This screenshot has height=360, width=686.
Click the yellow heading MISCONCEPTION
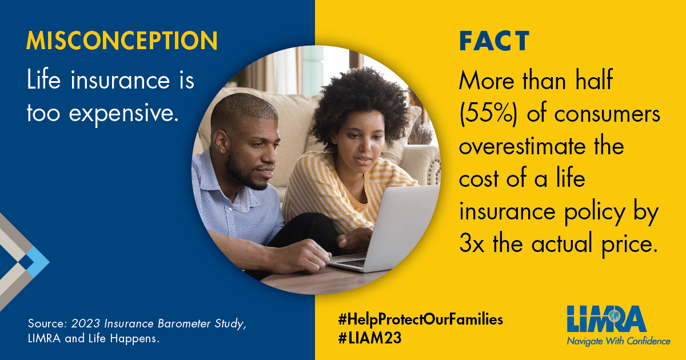(x=122, y=41)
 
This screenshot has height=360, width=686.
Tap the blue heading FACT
(x=494, y=41)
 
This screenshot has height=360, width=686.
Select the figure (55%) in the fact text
(x=488, y=114)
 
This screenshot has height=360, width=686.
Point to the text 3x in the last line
(x=472, y=244)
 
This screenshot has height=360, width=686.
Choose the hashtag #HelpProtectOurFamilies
(x=421, y=320)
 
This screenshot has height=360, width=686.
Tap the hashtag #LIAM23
(x=370, y=338)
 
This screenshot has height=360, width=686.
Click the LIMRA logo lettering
(x=606, y=319)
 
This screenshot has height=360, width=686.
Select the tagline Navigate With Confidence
(x=619, y=341)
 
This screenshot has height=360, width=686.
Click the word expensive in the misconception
(x=123, y=114)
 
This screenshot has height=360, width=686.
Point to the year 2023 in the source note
(x=86, y=323)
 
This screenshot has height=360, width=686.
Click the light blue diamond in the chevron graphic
(x=37, y=262)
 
